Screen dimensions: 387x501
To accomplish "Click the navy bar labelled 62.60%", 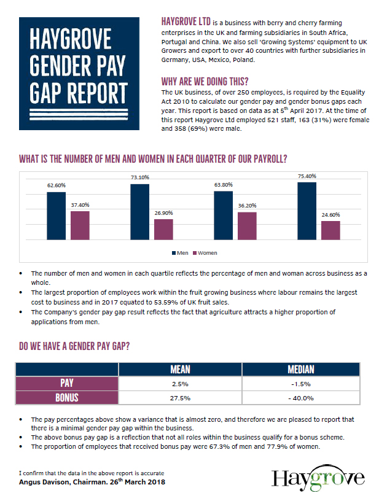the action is (x=57, y=216).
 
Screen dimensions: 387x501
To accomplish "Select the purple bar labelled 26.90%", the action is (x=163, y=230).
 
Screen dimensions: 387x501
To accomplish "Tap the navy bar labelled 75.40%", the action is (x=307, y=211).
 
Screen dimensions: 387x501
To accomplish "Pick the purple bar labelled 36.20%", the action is (x=247, y=226).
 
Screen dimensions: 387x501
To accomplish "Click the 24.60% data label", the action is (x=330, y=215).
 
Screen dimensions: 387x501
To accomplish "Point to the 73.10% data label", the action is (x=140, y=177).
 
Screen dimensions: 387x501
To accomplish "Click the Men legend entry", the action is (x=180, y=253).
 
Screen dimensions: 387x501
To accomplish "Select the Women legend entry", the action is (x=205, y=253).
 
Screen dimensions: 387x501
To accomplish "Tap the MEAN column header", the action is (x=180, y=370).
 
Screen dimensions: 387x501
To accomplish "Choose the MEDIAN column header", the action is (x=301, y=370).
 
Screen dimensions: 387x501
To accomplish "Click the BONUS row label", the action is (x=67, y=398).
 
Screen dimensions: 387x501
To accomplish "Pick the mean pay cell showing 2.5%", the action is (x=180, y=384).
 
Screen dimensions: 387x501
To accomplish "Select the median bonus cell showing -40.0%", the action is (x=301, y=398).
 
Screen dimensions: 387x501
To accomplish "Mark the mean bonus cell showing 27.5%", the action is (x=180, y=398).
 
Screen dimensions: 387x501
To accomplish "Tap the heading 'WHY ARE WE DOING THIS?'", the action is (x=205, y=82).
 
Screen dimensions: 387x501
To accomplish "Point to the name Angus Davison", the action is (x=40, y=482).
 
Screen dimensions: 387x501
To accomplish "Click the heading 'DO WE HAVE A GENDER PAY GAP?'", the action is (x=74, y=346).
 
